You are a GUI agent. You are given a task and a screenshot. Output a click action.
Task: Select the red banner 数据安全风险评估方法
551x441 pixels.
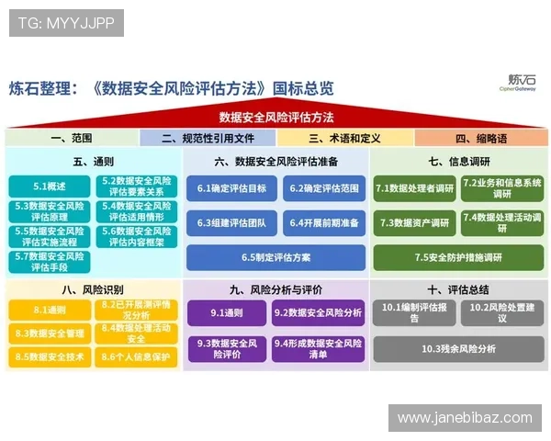(x=275, y=118)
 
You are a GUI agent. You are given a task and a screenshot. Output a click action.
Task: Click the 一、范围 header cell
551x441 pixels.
(x=72, y=139)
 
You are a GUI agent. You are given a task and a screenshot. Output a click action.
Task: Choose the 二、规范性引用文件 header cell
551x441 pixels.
(x=208, y=139)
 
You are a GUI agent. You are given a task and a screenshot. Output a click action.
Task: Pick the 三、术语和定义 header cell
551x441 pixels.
(x=344, y=139)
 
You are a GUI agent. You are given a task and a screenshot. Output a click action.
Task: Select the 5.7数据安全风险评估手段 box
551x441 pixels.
(x=50, y=262)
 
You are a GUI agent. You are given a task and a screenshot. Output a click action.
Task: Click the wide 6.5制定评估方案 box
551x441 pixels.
(x=275, y=257)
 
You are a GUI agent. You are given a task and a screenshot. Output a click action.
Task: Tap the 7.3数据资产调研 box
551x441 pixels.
(x=413, y=223)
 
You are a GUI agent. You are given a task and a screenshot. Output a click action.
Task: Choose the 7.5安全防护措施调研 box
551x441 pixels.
(x=458, y=257)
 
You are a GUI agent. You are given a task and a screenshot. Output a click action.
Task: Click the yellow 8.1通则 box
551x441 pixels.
(x=50, y=311)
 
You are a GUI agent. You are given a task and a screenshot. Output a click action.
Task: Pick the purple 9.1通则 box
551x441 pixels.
(x=227, y=313)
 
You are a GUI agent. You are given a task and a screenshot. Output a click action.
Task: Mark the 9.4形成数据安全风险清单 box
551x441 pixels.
(x=318, y=348)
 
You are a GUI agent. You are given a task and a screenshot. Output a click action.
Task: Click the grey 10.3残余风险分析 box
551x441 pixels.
(x=458, y=348)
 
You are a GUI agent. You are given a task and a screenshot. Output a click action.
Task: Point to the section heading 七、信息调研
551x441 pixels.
(x=458, y=162)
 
